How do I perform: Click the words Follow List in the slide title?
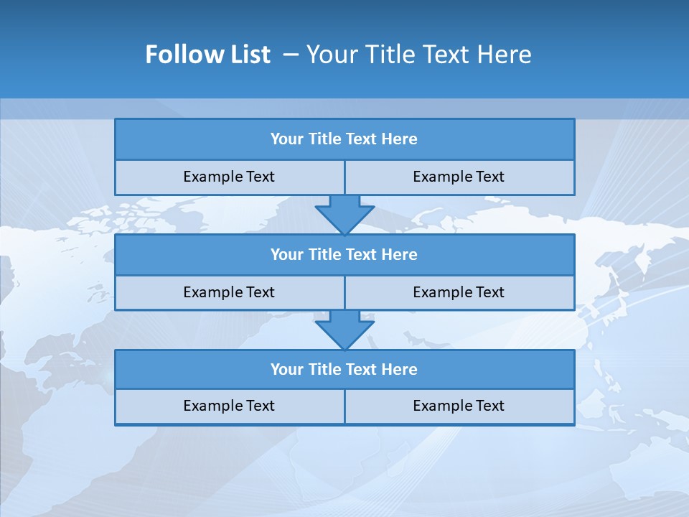click(x=207, y=55)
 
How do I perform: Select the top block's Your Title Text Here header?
click(x=344, y=139)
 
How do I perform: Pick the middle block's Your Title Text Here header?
click(x=344, y=254)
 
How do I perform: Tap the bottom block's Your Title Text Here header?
click(x=344, y=369)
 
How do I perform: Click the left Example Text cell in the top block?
click(x=229, y=177)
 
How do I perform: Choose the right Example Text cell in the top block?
click(x=459, y=177)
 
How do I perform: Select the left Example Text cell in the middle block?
click(x=229, y=292)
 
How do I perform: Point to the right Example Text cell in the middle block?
click(x=459, y=292)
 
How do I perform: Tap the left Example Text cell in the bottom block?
click(x=229, y=406)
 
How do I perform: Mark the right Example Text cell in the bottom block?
click(x=459, y=406)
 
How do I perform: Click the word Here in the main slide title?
click(x=506, y=55)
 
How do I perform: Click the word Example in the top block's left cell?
click(x=212, y=177)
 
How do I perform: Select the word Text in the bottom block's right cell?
click(x=490, y=406)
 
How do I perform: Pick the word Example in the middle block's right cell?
click(x=441, y=292)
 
